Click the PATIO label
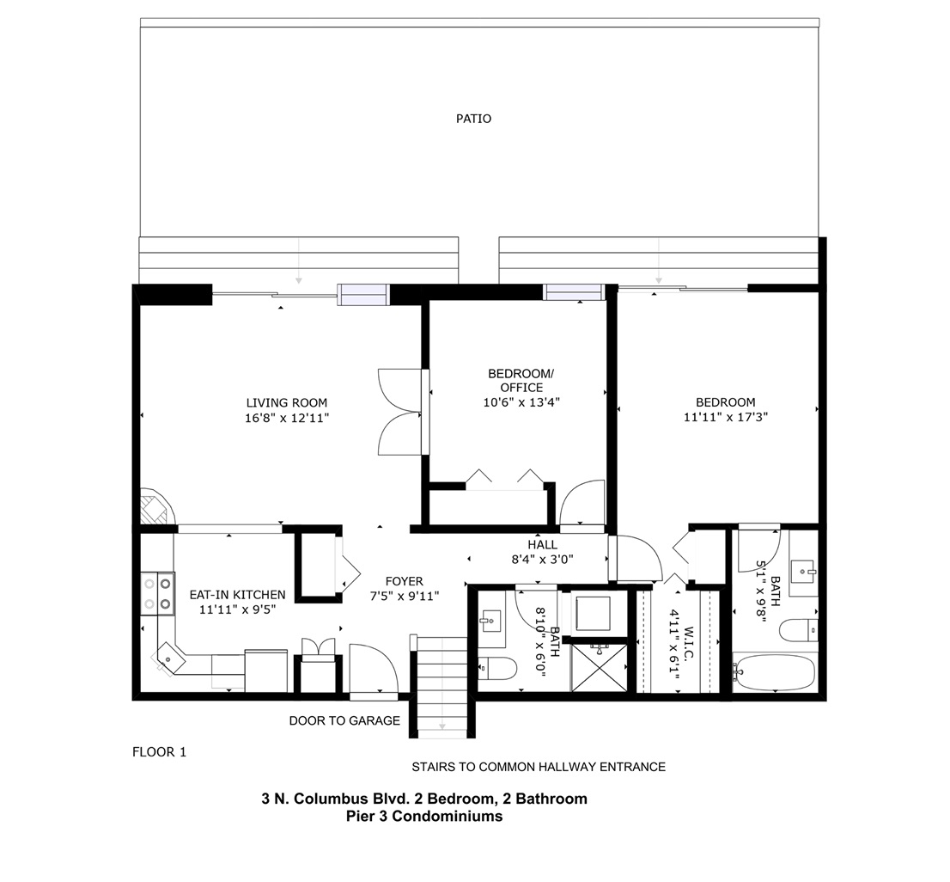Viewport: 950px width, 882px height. point(474,119)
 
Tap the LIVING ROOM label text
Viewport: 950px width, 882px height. point(287,402)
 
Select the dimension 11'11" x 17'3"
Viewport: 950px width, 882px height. point(726,417)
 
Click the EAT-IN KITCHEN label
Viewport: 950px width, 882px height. point(237,595)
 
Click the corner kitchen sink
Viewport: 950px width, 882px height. point(169,658)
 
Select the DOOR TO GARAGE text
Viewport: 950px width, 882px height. point(344,720)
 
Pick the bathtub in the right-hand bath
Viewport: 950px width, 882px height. point(773,671)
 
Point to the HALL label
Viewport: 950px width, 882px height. point(542,545)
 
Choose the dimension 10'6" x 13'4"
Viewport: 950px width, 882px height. point(521,402)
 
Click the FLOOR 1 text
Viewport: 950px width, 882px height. point(160,752)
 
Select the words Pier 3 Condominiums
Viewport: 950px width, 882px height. point(424,816)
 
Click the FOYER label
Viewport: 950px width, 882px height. point(404,582)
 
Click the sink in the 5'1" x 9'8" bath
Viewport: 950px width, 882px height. point(804,572)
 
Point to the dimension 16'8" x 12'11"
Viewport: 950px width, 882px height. point(287,418)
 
